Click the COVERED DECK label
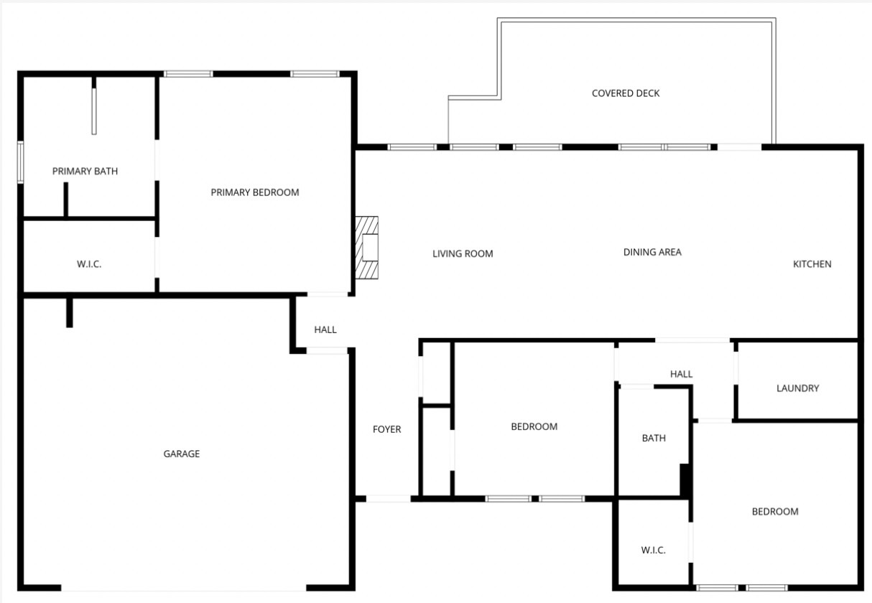626,93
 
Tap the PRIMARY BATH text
85,171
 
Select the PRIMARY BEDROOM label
255,192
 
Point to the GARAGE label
182,454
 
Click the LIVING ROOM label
463,253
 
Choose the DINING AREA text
652,252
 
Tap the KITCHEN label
812,264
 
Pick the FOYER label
386,429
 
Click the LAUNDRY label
797,388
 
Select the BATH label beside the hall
654,438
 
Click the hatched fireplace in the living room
367,248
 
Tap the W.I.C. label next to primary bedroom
89,264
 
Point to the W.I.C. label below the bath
653,550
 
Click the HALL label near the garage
325,329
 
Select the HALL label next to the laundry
681,374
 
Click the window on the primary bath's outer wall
20,162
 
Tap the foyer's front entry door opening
388,499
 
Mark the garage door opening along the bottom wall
184,588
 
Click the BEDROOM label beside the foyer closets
534,426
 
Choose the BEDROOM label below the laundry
775,511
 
